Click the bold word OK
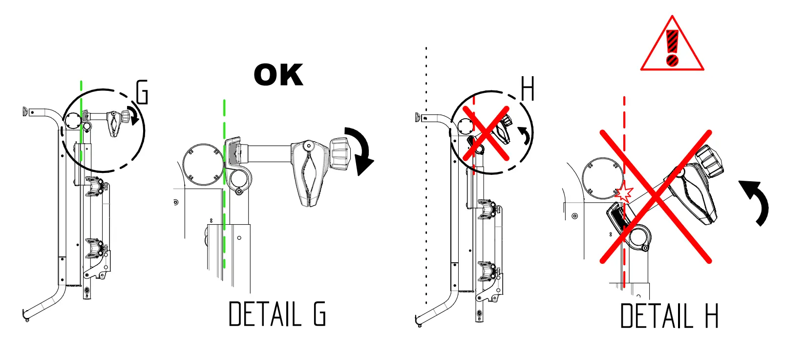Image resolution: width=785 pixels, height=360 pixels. pyautogui.click(x=278, y=75)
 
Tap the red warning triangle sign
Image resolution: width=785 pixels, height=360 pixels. pyautogui.click(x=672, y=46)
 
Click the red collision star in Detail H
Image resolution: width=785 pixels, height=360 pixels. pyautogui.click(x=624, y=193)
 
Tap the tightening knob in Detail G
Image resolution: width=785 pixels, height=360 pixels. pyautogui.click(x=339, y=153)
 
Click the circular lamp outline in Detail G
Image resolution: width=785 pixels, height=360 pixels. pyautogui.click(x=203, y=164)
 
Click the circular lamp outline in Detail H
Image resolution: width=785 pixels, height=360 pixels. pyautogui.click(x=605, y=178)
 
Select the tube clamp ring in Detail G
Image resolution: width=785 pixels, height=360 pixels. pyautogui.click(x=238, y=181)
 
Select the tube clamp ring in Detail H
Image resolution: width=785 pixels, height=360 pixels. pyautogui.click(x=638, y=238)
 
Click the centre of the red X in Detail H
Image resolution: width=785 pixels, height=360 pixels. pyautogui.click(x=656, y=196)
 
